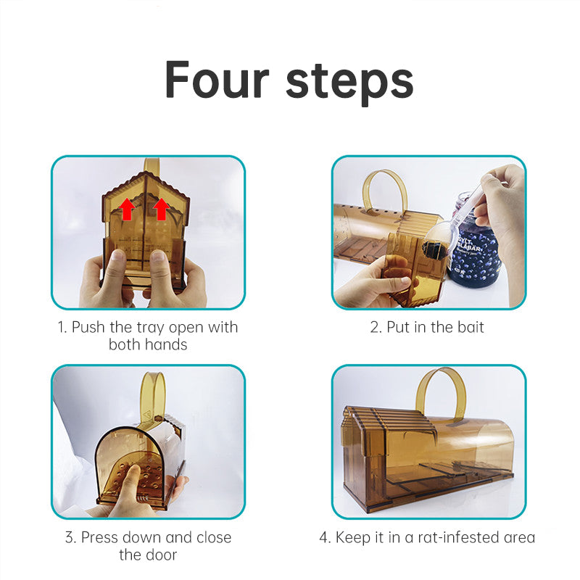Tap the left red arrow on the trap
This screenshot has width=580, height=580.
[x=127, y=210]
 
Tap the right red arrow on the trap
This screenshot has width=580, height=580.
[x=162, y=209]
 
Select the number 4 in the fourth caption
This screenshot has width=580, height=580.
[x=323, y=537]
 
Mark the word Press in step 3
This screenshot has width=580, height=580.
[x=100, y=537]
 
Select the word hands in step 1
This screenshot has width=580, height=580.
[x=167, y=344]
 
